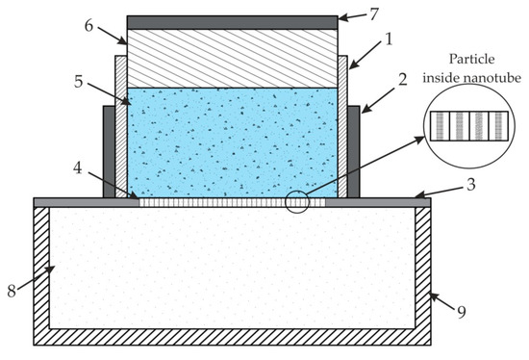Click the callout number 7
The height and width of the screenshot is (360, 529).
(x=374, y=14)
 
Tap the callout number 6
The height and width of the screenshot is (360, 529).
(x=88, y=26)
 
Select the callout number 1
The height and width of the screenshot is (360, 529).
(x=389, y=39)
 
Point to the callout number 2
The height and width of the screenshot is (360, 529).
(x=402, y=80)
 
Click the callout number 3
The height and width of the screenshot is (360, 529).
(x=471, y=185)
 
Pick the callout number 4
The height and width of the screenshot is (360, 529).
(x=78, y=167)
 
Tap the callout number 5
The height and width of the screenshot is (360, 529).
(x=79, y=82)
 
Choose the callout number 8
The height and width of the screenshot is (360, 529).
(x=12, y=291)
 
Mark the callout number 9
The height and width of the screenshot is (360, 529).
(x=462, y=312)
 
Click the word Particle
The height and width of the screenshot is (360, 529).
(x=471, y=60)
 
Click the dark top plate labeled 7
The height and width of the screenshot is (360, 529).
(x=233, y=23)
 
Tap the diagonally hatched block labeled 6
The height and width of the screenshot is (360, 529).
(x=233, y=59)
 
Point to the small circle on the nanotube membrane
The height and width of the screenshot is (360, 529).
(x=297, y=202)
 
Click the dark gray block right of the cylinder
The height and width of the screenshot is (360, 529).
(x=354, y=152)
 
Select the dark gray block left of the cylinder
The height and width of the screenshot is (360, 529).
(x=110, y=152)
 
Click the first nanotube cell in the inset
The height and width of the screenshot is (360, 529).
(x=440, y=126)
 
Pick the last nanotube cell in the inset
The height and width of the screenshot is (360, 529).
(x=498, y=126)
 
